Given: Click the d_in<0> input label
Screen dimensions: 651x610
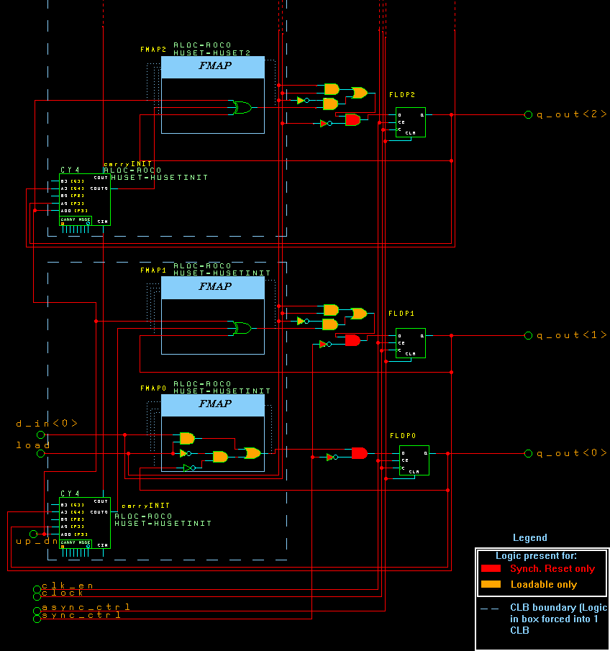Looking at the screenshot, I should (47, 424).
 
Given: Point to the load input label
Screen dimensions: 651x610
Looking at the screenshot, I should (34, 445).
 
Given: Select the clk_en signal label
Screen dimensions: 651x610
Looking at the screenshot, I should (68, 586).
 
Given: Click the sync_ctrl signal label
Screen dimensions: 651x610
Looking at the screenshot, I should (81, 615).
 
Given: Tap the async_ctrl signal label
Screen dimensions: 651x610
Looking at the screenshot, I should (86, 608).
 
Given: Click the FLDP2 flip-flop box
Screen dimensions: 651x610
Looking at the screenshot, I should (410, 122).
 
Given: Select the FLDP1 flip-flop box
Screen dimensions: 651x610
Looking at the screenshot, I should (410, 343).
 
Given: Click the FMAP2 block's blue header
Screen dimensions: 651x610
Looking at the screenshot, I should (213, 67).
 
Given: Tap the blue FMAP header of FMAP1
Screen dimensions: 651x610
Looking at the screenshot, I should (213, 288).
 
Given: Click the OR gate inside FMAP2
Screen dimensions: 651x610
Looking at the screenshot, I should (240, 108).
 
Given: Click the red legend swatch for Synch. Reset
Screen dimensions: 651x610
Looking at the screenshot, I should (491, 569).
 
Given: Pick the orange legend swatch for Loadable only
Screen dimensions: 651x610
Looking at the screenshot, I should (491, 584).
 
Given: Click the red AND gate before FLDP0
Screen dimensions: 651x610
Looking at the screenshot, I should (360, 453).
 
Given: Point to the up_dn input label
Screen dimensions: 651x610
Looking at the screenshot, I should (32, 541).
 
